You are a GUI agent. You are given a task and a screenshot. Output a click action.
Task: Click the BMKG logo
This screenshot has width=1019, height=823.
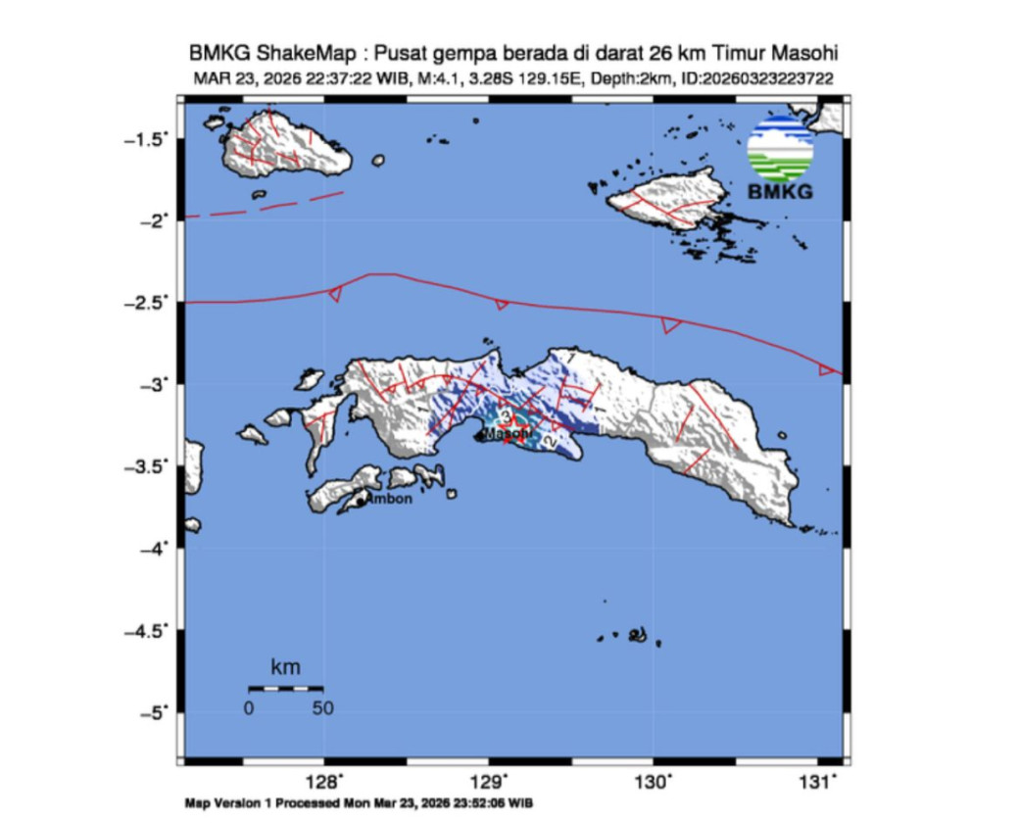pos(780,157)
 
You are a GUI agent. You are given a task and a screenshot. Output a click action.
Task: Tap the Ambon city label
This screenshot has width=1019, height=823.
pos(389,499)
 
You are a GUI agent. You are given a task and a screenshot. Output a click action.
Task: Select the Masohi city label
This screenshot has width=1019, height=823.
pos(509,433)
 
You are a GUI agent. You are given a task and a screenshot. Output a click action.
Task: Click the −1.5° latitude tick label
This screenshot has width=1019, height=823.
pos(144,139)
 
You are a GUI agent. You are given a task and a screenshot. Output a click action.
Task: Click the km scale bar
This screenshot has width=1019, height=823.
pos(285,688)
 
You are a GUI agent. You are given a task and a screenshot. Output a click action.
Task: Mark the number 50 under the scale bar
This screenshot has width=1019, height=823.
pos(322,708)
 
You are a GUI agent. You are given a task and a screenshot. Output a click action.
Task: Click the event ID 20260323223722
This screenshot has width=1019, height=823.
pos(762,79)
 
